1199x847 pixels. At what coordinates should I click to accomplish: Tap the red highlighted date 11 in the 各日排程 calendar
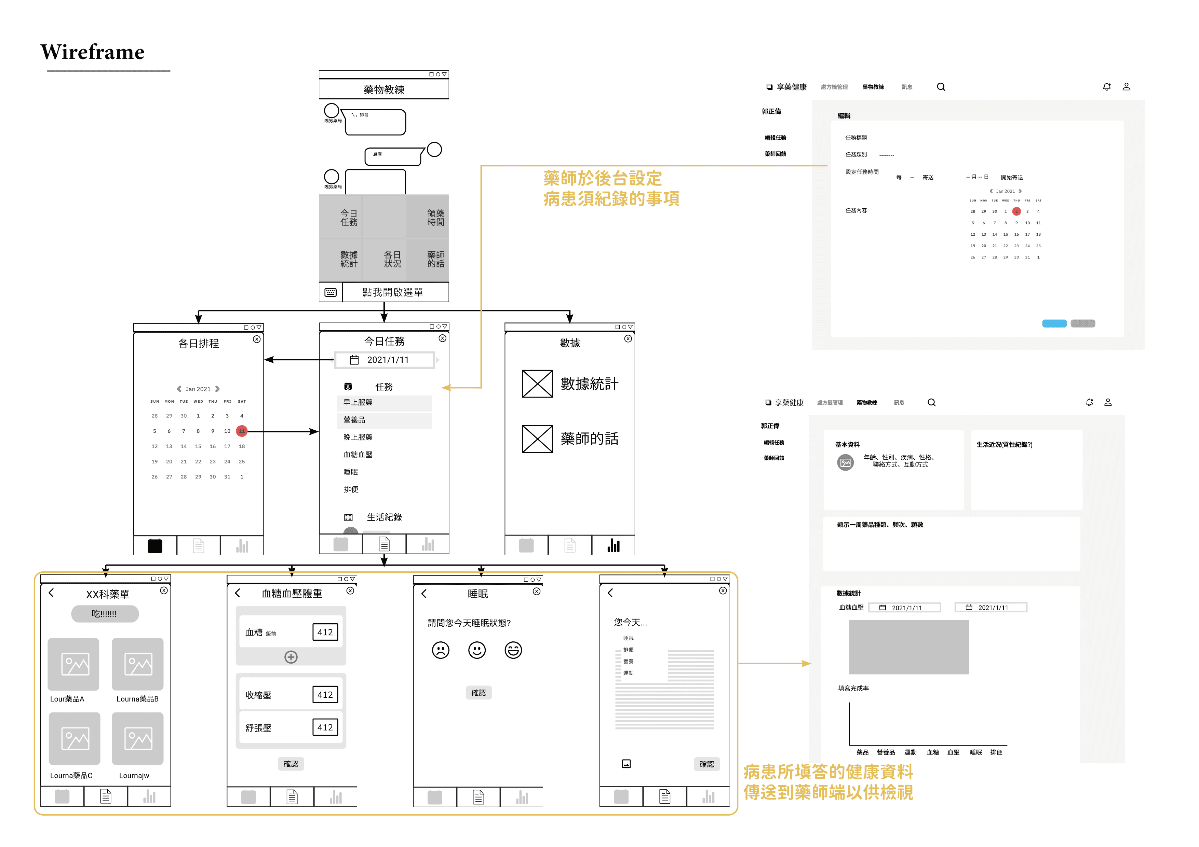(241, 431)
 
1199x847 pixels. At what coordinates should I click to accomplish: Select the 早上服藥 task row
(384, 402)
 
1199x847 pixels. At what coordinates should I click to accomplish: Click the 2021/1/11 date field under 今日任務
(385, 360)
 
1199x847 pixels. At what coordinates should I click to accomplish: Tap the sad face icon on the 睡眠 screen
(440, 650)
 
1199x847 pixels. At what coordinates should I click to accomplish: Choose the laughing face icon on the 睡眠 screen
(513, 650)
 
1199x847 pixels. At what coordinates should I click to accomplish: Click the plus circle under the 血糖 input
(291, 657)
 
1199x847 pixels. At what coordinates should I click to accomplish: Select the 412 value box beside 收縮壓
(325, 695)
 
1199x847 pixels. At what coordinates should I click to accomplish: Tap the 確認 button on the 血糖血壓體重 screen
(291, 764)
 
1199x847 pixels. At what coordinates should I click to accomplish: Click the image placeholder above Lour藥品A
(73, 664)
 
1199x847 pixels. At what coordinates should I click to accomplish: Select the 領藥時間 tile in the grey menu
(435, 218)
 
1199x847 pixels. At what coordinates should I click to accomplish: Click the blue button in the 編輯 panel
(1054, 323)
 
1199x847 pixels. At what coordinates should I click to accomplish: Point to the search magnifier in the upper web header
(941, 87)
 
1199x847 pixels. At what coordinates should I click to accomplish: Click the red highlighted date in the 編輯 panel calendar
(1016, 211)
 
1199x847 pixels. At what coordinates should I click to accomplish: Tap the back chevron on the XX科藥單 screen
(51, 593)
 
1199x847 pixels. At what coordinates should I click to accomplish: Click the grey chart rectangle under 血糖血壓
(909, 647)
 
